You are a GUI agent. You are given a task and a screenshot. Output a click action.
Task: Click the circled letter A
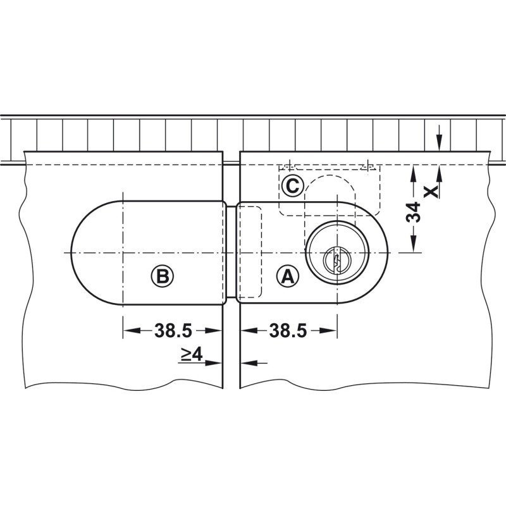[x=288, y=276]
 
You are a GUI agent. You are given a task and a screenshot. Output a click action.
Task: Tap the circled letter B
[x=163, y=276]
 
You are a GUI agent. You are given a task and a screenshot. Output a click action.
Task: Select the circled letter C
[x=292, y=186]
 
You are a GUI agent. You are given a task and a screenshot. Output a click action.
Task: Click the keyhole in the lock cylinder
[x=336, y=260]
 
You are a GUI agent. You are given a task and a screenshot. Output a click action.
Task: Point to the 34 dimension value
[x=413, y=212]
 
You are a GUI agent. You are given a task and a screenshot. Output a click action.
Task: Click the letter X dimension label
[x=431, y=192]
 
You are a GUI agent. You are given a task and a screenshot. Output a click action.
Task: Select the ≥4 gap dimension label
[x=192, y=354]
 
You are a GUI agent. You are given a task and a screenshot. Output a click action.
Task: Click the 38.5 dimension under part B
[x=173, y=330]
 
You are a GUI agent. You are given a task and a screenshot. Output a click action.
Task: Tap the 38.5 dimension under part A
[x=288, y=330]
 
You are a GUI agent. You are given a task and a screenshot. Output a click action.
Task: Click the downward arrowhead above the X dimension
[x=438, y=143]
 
